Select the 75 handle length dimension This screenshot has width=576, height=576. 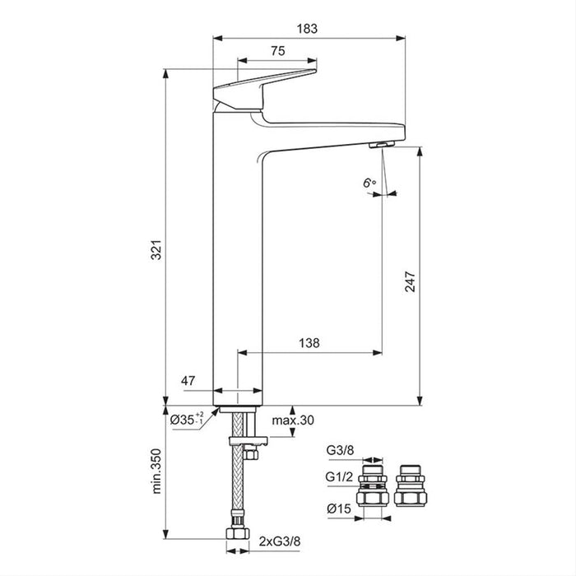tap(277, 51)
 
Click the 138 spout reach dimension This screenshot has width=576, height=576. tap(309, 341)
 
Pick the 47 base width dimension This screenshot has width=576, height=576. tap(189, 381)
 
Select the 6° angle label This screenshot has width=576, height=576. tap(369, 183)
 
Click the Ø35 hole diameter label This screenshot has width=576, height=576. tap(187, 420)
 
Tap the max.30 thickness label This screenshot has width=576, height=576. tap(295, 420)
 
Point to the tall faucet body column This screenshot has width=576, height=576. tap(238, 263)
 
